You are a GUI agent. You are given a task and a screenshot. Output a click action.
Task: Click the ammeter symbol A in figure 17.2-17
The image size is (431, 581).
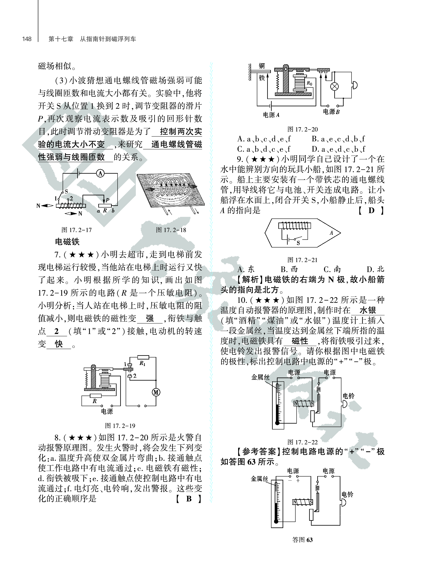100,173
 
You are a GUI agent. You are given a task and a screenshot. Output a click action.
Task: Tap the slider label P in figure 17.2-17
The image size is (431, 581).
107,200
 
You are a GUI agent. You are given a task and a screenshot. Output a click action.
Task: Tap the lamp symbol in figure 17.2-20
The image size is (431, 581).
335,86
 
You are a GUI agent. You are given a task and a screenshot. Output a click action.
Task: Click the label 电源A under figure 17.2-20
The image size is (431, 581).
271,115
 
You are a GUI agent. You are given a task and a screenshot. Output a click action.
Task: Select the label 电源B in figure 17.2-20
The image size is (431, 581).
331,112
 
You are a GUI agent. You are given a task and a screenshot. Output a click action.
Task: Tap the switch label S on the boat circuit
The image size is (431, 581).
298,243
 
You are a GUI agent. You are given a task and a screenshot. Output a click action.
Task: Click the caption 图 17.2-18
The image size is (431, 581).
171,230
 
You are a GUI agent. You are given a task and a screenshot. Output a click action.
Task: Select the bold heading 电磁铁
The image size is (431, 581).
67,242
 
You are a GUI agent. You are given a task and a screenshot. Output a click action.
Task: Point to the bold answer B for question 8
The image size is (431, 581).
189,499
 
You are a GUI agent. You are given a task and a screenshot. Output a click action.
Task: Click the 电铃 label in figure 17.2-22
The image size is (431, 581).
348,396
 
